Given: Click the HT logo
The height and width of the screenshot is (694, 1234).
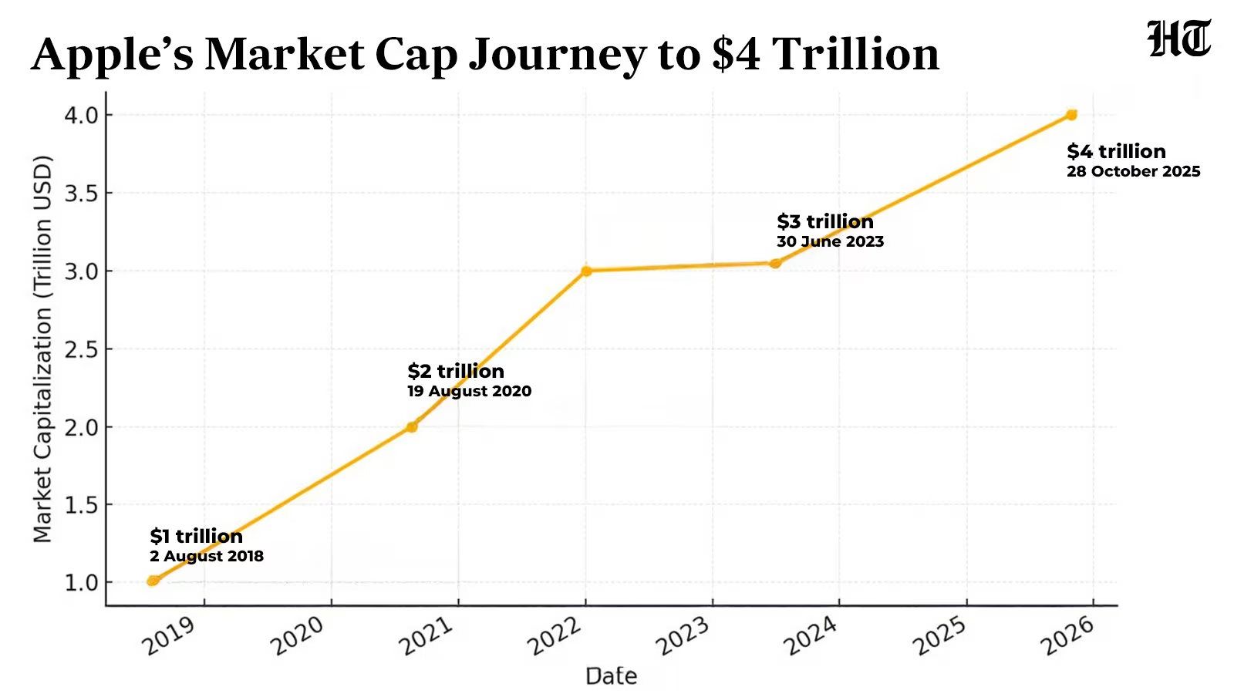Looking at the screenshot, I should (1179, 39).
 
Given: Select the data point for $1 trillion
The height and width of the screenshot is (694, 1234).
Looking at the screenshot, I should (153, 581).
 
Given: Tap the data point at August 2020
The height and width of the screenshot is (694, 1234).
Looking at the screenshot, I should (412, 426).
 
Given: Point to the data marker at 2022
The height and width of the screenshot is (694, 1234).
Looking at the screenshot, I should (586, 271).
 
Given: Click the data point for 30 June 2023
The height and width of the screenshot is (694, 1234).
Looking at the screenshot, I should (775, 263).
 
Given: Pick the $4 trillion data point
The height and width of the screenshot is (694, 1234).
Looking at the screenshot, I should (1071, 115).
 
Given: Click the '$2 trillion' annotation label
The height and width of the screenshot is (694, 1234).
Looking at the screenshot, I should (456, 371).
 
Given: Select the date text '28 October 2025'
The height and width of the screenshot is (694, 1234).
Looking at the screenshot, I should (1133, 171).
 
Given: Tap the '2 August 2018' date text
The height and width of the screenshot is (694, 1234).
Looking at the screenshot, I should (207, 556).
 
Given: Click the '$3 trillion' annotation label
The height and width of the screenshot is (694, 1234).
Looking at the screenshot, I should (825, 221).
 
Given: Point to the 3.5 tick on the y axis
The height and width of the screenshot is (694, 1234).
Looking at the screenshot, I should (82, 194).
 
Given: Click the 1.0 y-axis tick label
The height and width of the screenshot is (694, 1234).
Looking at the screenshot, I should (82, 583).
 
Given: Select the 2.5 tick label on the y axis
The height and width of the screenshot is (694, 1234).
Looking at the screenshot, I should (82, 349).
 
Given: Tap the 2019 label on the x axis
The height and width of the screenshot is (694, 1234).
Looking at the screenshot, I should (169, 636).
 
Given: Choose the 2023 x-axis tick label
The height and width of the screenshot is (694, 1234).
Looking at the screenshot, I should (682, 636).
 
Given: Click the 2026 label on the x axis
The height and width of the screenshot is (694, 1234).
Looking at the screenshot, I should (1067, 636).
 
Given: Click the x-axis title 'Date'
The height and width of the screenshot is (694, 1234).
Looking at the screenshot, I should (611, 676).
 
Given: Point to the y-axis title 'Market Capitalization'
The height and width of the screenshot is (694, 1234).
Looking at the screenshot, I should (42, 349).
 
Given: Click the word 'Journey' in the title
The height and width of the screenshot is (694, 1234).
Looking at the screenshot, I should (556, 56).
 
